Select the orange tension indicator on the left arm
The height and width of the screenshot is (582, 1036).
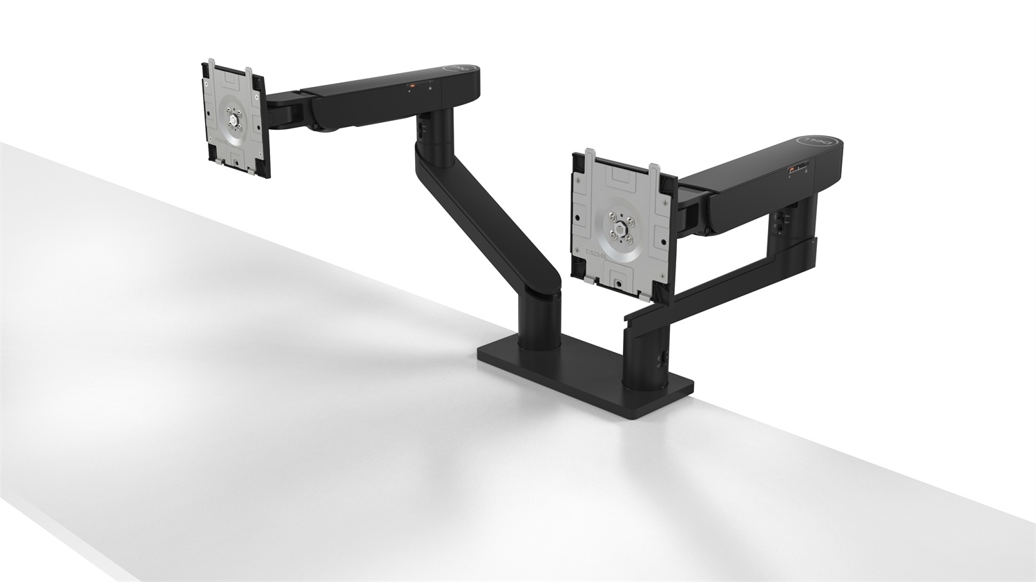[x=413, y=86]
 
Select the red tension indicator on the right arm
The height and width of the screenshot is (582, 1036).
[x=790, y=168]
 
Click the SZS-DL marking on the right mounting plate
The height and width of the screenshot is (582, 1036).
[x=595, y=255]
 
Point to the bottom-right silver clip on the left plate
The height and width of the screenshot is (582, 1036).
[x=256, y=166]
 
